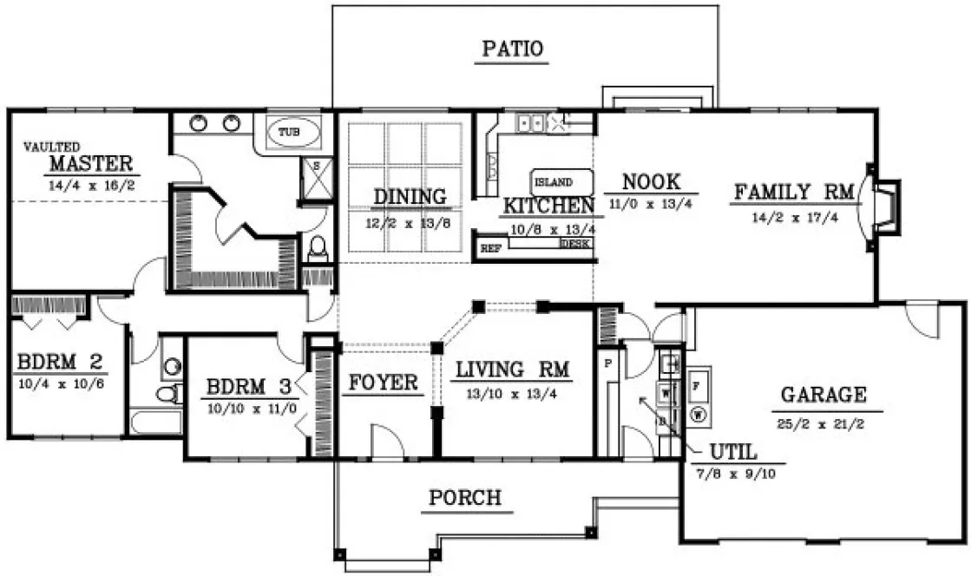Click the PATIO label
pos(513,49)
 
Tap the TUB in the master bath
pos(288,133)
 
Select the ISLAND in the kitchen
pos(553,182)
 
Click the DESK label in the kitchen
pos(575,245)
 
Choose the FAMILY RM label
pos(795,192)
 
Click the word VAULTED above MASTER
pos(51,147)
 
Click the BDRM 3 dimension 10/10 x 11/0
pos(252,406)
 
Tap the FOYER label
pos(384,383)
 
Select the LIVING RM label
pos(512,370)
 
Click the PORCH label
pos(464,498)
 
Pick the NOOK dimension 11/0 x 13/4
pos(651,206)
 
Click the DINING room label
pos(410,197)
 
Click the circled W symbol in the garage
pos(698,415)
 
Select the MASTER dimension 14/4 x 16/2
pos(92,185)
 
